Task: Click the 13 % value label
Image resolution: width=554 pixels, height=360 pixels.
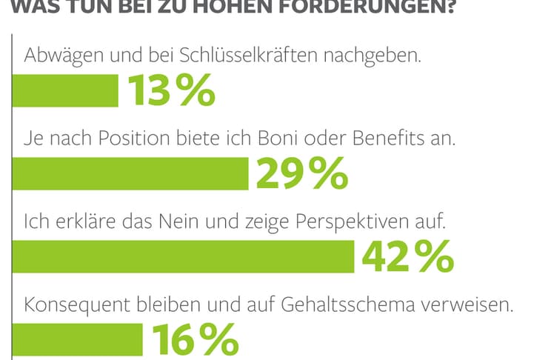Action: [x=170, y=93]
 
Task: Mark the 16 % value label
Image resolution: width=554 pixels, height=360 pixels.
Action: [x=195, y=340]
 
